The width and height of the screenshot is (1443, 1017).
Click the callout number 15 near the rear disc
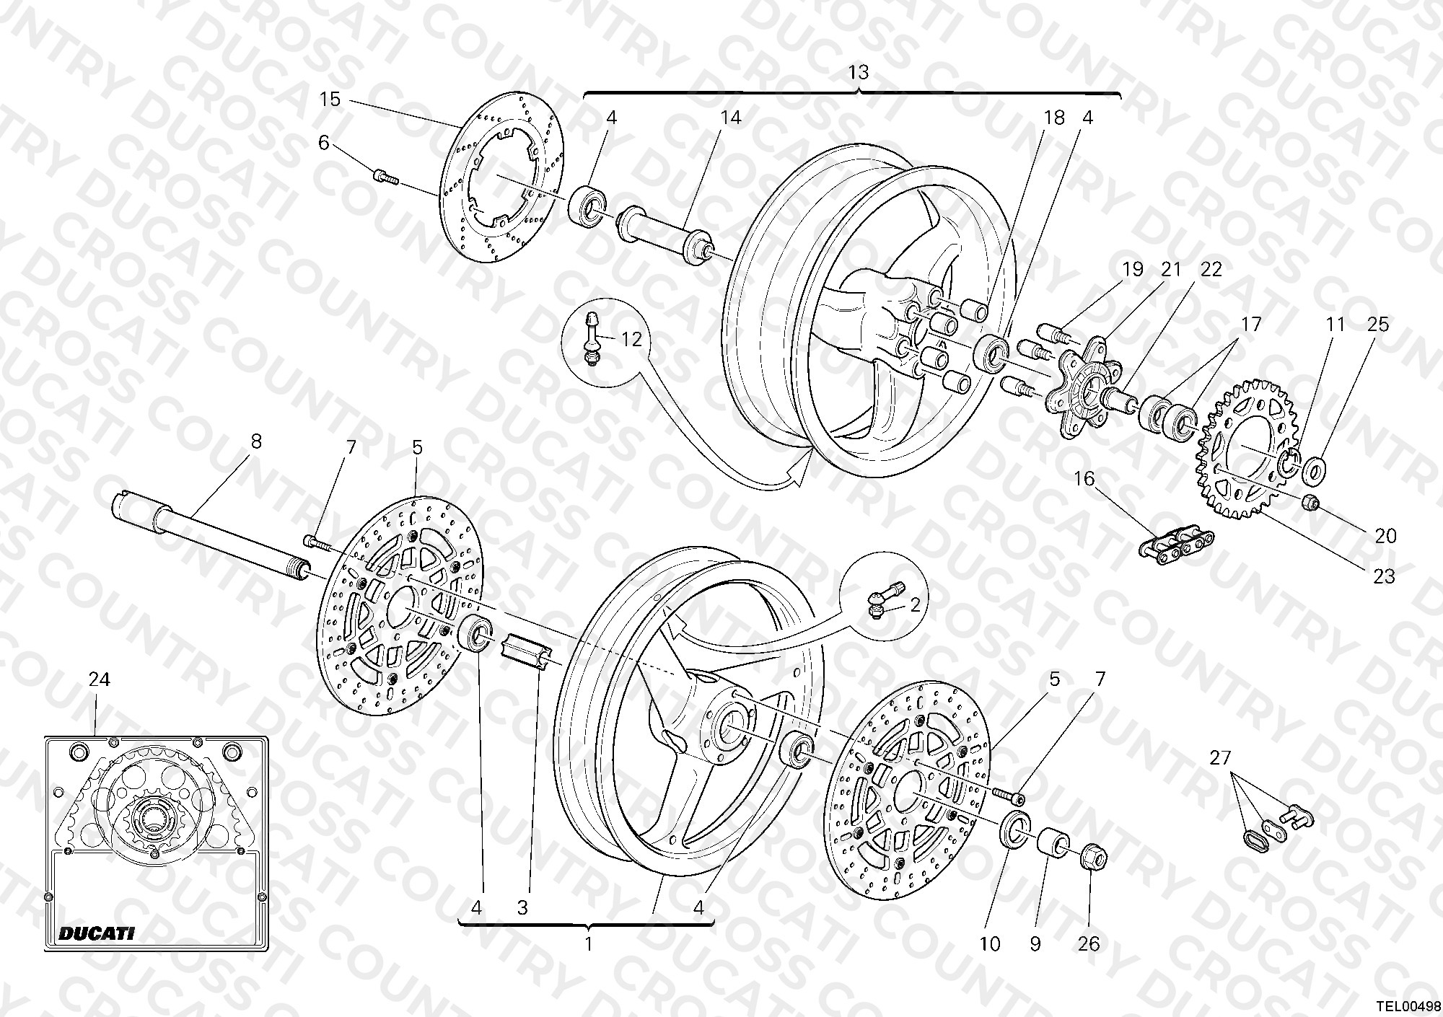330,99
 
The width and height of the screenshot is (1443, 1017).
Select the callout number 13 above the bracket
858,72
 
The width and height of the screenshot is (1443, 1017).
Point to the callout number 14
730,117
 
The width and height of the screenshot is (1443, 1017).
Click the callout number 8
256,441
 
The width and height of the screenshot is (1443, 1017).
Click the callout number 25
1377,325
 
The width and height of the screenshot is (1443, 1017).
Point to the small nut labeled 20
1312,502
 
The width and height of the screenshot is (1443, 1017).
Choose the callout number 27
1221,758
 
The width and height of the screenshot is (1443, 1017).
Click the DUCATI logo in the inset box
96,933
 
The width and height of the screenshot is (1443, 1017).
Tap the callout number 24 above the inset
99,679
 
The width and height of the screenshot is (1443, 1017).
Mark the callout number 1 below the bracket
588,944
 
